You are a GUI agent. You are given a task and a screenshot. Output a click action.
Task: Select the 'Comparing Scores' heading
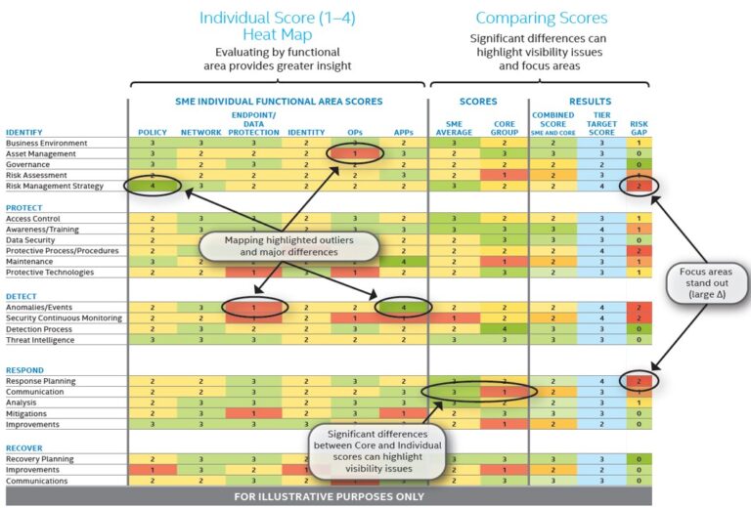pyautogui.click(x=541, y=18)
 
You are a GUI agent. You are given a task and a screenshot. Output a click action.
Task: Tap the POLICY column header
pyautogui.click(x=152, y=131)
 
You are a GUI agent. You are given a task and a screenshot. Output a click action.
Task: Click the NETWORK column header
pyautogui.click(x=201, y=131)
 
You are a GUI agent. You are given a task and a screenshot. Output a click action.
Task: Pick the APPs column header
pyautogui.click(x=402, y=131)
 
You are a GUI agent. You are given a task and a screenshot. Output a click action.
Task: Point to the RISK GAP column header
pyautogui.click(x=638, y=127)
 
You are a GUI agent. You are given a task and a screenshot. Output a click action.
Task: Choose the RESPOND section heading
pyautogui.click(x=24, y=370)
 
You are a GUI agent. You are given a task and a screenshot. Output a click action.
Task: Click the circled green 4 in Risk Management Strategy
pyautogui.click(x=152, y=186)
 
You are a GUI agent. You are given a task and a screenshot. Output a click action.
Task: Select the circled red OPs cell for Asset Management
pyautogui.click(x=355, y=153)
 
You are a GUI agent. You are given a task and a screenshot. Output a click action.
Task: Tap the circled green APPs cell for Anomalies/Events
pyautogui.click(x=402, y=308)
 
